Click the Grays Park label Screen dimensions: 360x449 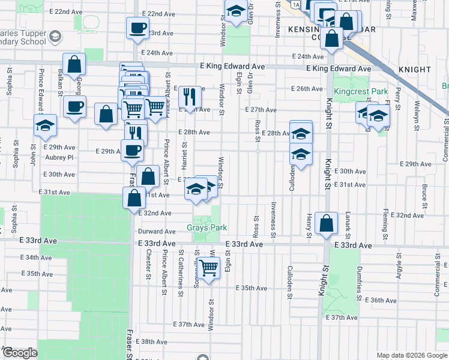[206, 228]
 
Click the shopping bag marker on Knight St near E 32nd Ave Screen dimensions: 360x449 [325, 223]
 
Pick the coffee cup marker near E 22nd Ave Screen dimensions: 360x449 [137, 27]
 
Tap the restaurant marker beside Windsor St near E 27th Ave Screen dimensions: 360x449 [190, 95]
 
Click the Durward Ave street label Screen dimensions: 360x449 [157, 232]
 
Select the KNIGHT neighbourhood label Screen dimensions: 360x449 [414, 70]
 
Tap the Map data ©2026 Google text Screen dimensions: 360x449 [412, 355]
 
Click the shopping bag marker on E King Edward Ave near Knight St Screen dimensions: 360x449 [331, 38]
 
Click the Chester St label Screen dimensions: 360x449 [148, 265]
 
